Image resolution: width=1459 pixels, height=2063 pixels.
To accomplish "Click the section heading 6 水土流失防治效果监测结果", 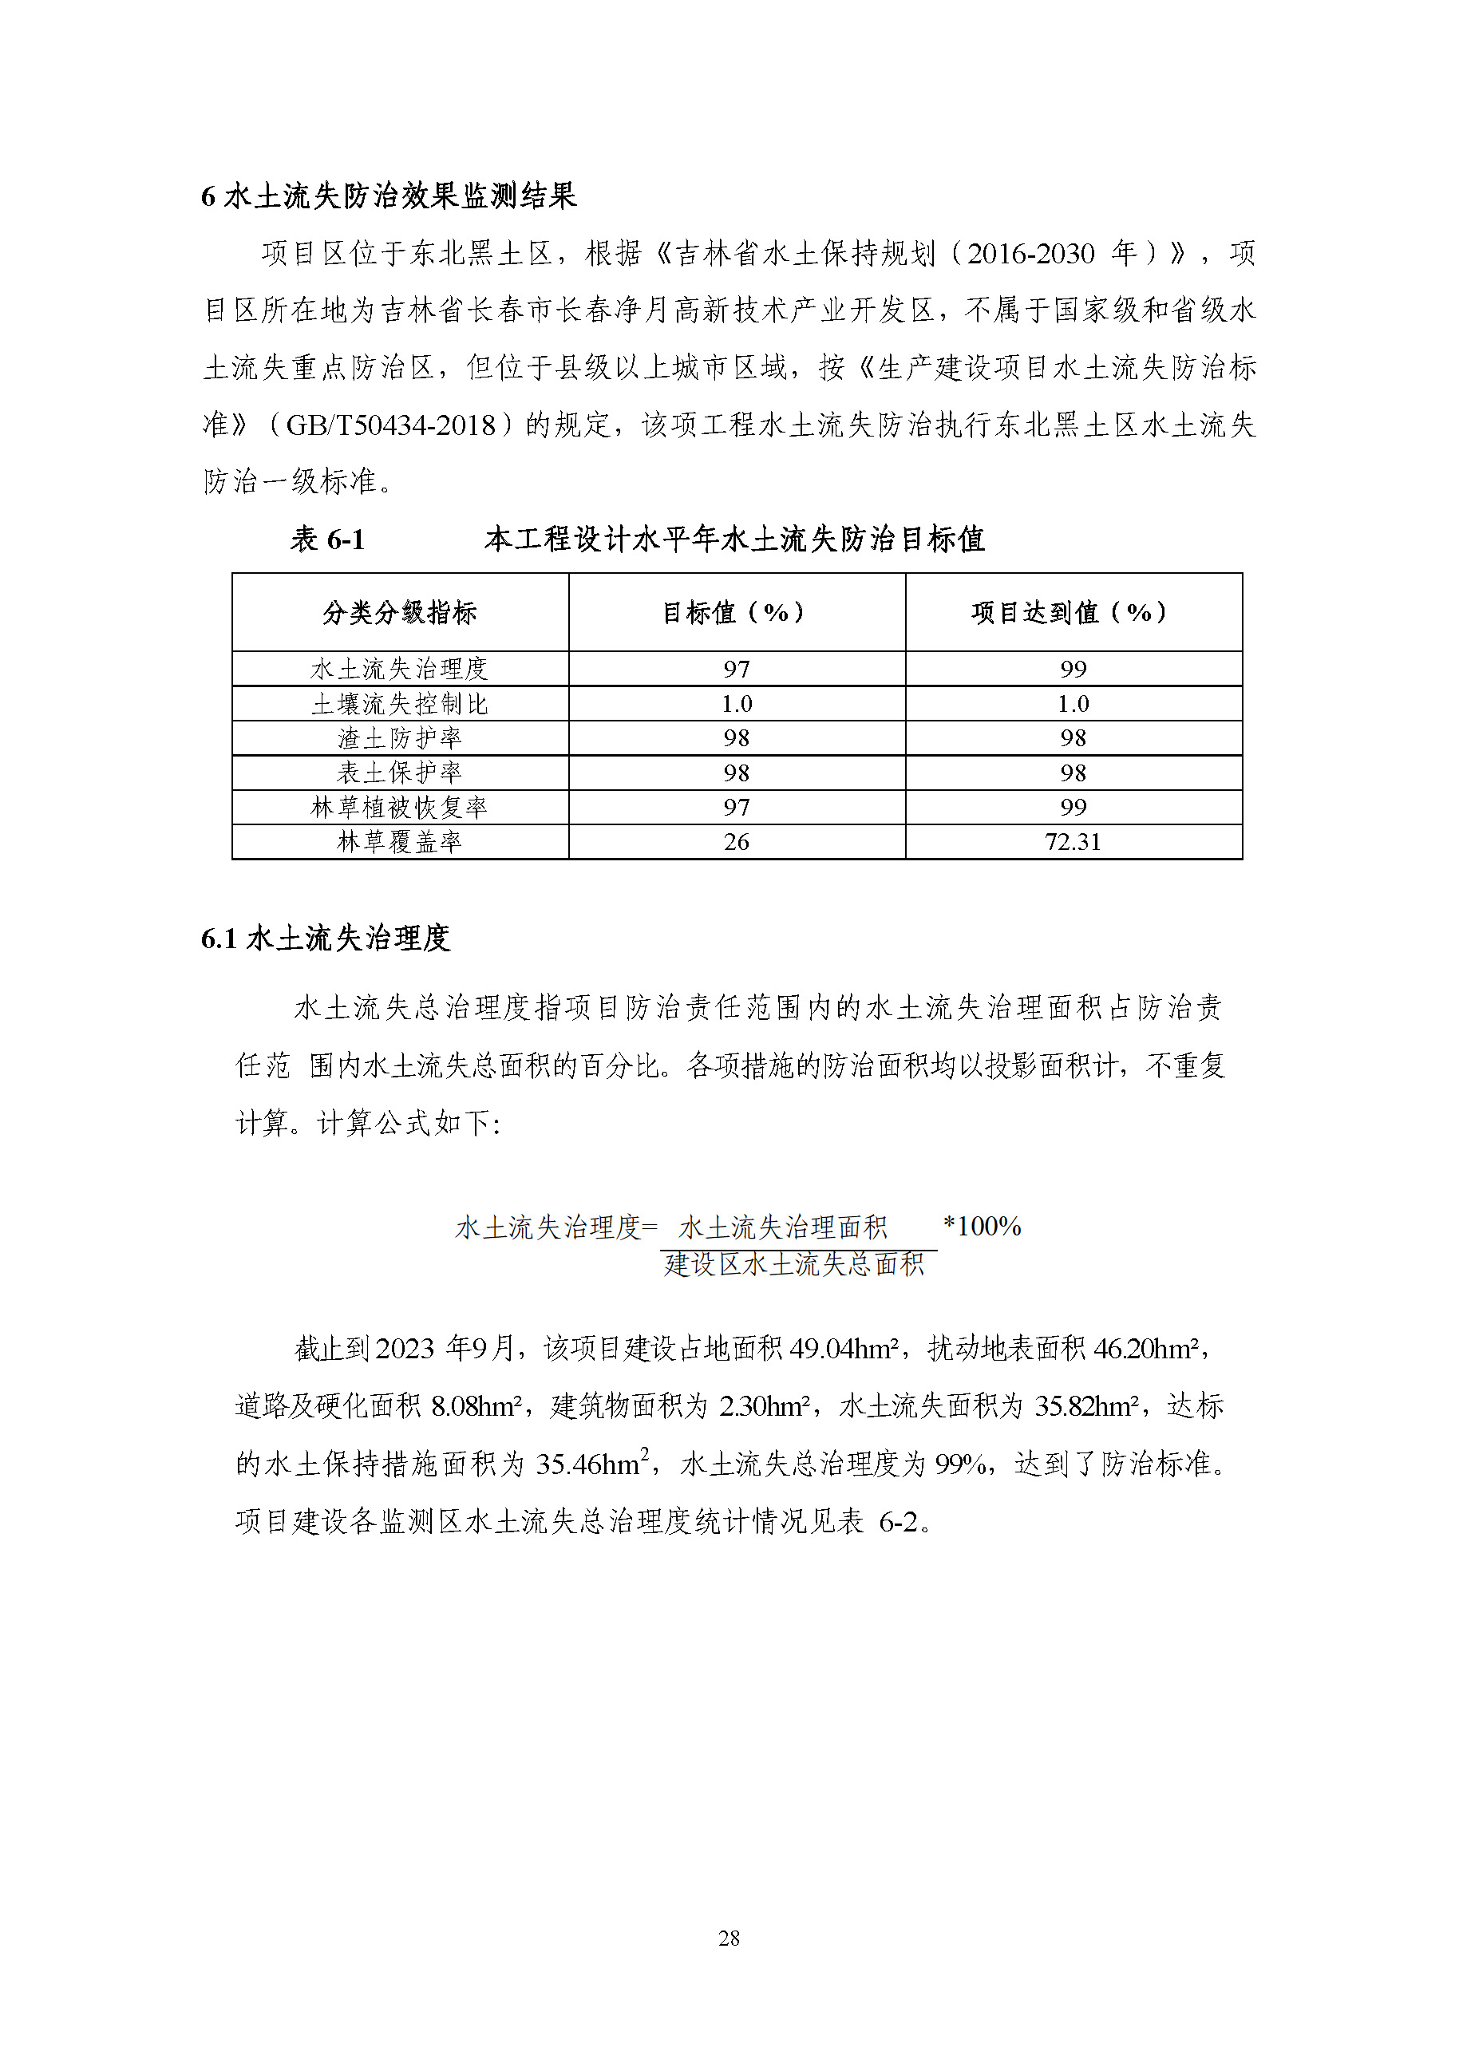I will click(x=388, y=196).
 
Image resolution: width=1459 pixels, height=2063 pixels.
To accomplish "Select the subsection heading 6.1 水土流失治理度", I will click(x=325, y=938).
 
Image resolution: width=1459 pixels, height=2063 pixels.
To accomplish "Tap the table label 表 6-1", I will click(x=327, y=539).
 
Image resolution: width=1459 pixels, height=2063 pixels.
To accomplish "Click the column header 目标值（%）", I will click(x=736, y=613).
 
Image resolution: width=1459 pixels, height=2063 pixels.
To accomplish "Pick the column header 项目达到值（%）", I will click(x=1073, y=613).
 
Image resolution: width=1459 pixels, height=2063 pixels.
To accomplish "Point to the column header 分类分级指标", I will click(x=400, y=613).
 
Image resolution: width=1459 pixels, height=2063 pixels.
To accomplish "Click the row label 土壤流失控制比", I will click(x=400, y=704).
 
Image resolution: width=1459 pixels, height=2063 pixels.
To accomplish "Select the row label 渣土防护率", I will click(x=400, y=737).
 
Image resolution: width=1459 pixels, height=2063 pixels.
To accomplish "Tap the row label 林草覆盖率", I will click(x=400, y=842).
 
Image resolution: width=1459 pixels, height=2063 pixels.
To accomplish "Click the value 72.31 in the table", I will click(x=1073, y=842).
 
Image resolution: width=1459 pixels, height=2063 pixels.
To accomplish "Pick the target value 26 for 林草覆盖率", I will click(x=736, y=842).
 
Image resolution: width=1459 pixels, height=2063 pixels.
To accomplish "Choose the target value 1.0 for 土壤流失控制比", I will click(x=736, y=704).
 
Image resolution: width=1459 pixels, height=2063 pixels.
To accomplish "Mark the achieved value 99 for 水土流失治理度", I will click(x=1073, y=669).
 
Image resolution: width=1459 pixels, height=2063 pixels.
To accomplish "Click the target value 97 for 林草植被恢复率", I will click(x=736, y=807).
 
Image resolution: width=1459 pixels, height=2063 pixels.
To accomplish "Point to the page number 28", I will click(x=729, y=1939).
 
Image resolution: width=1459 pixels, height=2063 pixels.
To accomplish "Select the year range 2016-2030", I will click(x=1030, y=253).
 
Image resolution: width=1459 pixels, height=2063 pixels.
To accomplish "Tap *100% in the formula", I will click(x=982, y=1226).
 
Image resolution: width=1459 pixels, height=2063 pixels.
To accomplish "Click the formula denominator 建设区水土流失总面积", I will click(x=794, y=1264).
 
